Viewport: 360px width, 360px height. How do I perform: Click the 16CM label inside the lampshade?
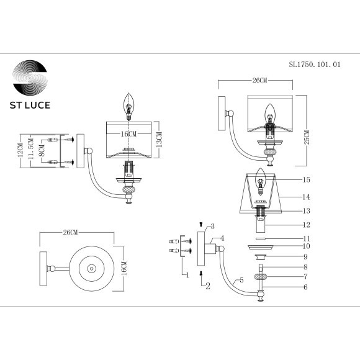128,133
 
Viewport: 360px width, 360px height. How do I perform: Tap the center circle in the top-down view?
92,269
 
